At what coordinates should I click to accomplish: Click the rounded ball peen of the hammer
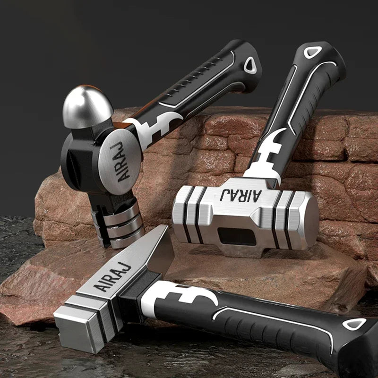[x=87, y=107]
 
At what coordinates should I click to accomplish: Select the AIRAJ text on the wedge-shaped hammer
[x=112, y=276]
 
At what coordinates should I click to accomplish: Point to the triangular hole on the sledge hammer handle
[x=313, y=52]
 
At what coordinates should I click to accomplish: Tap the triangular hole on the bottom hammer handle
[x=354, y=324]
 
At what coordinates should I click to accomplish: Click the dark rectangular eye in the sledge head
[x=237, y=236]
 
